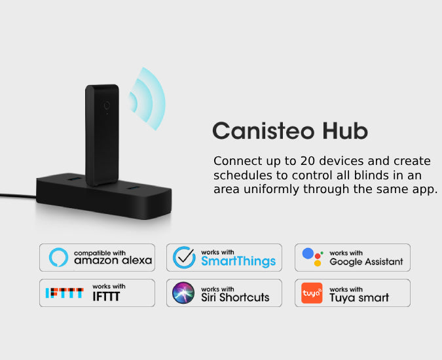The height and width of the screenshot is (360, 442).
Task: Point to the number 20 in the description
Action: point(308,161)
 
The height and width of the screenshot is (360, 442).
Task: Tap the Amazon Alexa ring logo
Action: point(58,257)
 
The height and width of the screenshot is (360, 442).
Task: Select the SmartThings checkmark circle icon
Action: point(184,257)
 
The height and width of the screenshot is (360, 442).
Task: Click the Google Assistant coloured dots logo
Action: point(312,257)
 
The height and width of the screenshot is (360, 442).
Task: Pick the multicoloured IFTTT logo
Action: point(64,293)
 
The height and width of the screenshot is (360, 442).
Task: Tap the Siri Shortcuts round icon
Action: point(183,293)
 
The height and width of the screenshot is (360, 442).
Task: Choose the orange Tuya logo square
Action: point(312,293)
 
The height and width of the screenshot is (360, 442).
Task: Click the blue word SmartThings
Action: point(238,262)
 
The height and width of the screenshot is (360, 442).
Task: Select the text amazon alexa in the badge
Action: point(113,261)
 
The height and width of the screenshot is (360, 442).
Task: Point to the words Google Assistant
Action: point(366,262)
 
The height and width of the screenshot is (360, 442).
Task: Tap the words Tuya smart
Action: point(359,298)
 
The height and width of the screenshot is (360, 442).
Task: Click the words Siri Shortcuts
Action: point(235,297)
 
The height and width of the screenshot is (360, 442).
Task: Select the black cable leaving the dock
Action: point(16,196)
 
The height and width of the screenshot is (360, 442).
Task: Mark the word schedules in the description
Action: point(242,175)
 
